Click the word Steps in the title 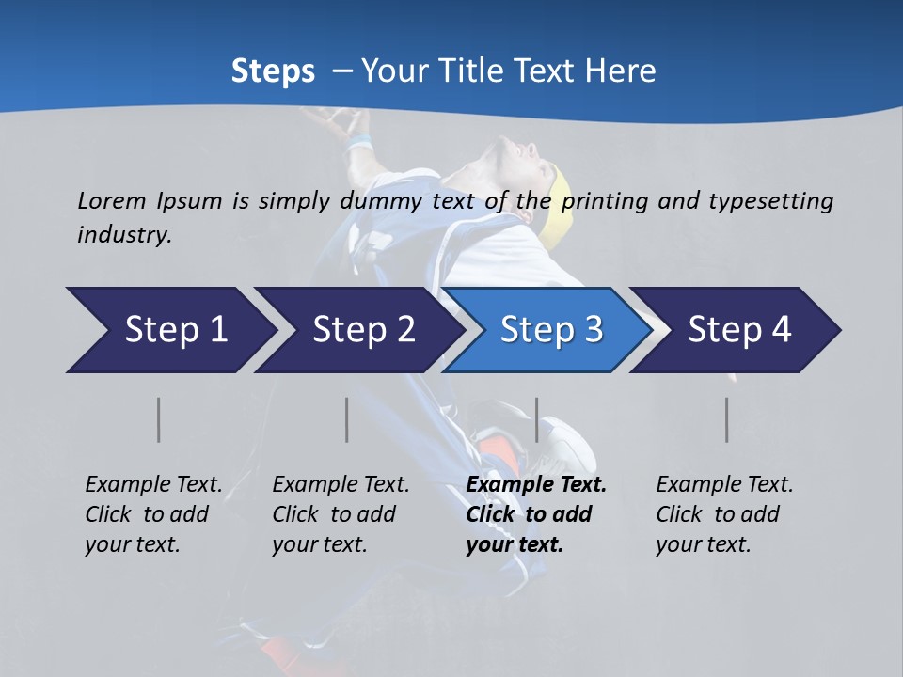(x=273, y=71)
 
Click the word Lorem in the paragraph (x=111, y=200)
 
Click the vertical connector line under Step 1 (x=159, y=419)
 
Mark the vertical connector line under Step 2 (x=347, y=419)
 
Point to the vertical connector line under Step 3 (x=536, y=419)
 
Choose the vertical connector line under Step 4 (x=726, y=419)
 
